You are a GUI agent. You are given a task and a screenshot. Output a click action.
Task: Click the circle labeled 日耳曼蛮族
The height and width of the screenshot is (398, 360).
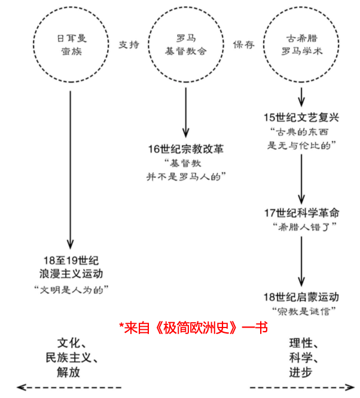[71, 44]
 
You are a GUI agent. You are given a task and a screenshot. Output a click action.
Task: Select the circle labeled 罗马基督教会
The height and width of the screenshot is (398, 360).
[186, 44]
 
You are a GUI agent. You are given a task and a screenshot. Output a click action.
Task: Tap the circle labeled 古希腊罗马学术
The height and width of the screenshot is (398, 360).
[302, 44]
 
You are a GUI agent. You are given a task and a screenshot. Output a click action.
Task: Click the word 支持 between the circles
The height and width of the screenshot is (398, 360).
[129, 44]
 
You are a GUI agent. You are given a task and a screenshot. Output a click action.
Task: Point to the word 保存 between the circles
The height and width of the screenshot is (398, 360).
[243, 44]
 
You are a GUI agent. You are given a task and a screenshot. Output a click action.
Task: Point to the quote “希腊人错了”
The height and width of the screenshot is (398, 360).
[302, 226]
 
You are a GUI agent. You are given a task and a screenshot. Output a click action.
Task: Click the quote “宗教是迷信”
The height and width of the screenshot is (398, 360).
[302, 311]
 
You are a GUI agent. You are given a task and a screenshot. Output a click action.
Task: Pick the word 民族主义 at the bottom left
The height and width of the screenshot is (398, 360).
[71, 358]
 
